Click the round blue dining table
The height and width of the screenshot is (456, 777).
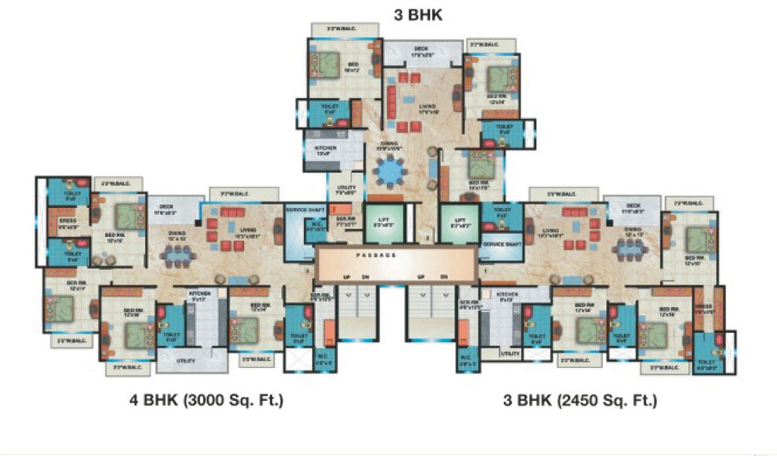pos(388,169)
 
